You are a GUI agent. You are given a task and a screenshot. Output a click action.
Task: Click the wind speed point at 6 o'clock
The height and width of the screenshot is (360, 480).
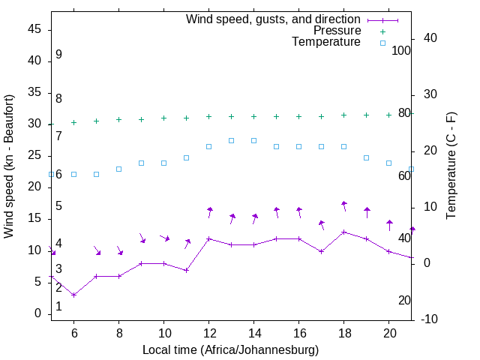pos(73,295)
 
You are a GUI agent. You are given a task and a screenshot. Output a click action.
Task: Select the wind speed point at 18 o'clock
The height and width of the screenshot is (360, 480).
pos(344,232)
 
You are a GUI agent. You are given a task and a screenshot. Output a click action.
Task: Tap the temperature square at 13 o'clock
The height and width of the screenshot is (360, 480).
pos(232,140)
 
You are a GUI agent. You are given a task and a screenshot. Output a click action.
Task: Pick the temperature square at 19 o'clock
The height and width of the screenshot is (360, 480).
pos(367,157)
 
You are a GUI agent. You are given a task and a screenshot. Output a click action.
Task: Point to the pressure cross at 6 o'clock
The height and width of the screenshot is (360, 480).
pos(73,122)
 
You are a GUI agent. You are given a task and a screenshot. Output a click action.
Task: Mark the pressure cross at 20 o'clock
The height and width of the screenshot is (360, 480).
pos(389,115)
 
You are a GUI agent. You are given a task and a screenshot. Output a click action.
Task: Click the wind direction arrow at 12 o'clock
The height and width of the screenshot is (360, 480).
pos(210,212)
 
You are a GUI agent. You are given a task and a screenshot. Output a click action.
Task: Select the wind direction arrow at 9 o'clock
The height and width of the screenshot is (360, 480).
pos(142,238)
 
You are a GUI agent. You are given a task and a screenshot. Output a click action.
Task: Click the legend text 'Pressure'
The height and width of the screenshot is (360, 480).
pos(337,31)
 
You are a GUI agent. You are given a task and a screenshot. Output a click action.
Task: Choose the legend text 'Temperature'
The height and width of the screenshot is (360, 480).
pos(326,43)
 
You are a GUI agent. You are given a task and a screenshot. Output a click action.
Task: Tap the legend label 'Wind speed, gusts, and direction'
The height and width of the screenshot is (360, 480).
pos(273,19)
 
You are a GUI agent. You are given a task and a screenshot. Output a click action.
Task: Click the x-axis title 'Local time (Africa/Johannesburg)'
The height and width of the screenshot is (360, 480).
pos(230,349)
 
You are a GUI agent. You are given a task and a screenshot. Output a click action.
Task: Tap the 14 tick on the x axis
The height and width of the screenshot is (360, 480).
pos(253,331)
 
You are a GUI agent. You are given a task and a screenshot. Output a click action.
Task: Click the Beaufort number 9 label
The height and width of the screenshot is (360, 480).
pos(58,55)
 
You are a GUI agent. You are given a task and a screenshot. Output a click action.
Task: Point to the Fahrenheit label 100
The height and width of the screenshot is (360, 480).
pos(401,50)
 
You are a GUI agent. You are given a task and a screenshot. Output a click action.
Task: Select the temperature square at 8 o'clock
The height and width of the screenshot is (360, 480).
pos(119,169)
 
